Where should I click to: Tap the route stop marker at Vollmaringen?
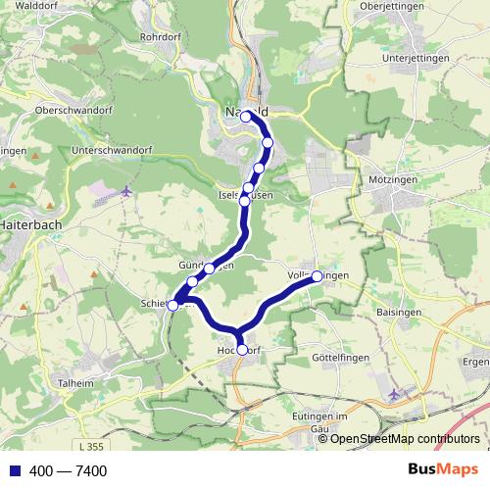[x=317, y=276]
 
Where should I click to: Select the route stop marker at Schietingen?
[x=172, y=305]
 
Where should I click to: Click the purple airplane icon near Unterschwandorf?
[x=126, y=191]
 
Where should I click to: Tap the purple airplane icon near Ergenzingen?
[x=394, y=394]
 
